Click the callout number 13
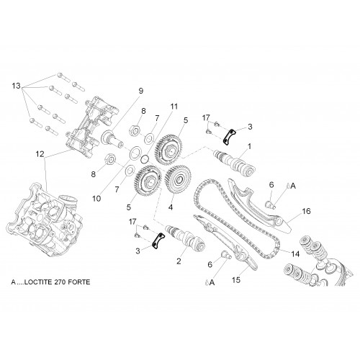[17, 86]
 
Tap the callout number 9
[141, 91]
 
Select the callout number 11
[174, 107]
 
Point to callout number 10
[96, 199]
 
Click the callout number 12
[40, 154]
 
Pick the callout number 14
[295, 253]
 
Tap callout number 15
[236, 279]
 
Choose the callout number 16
[306, 211]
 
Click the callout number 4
[171, 207]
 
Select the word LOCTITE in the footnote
[39, 282]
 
